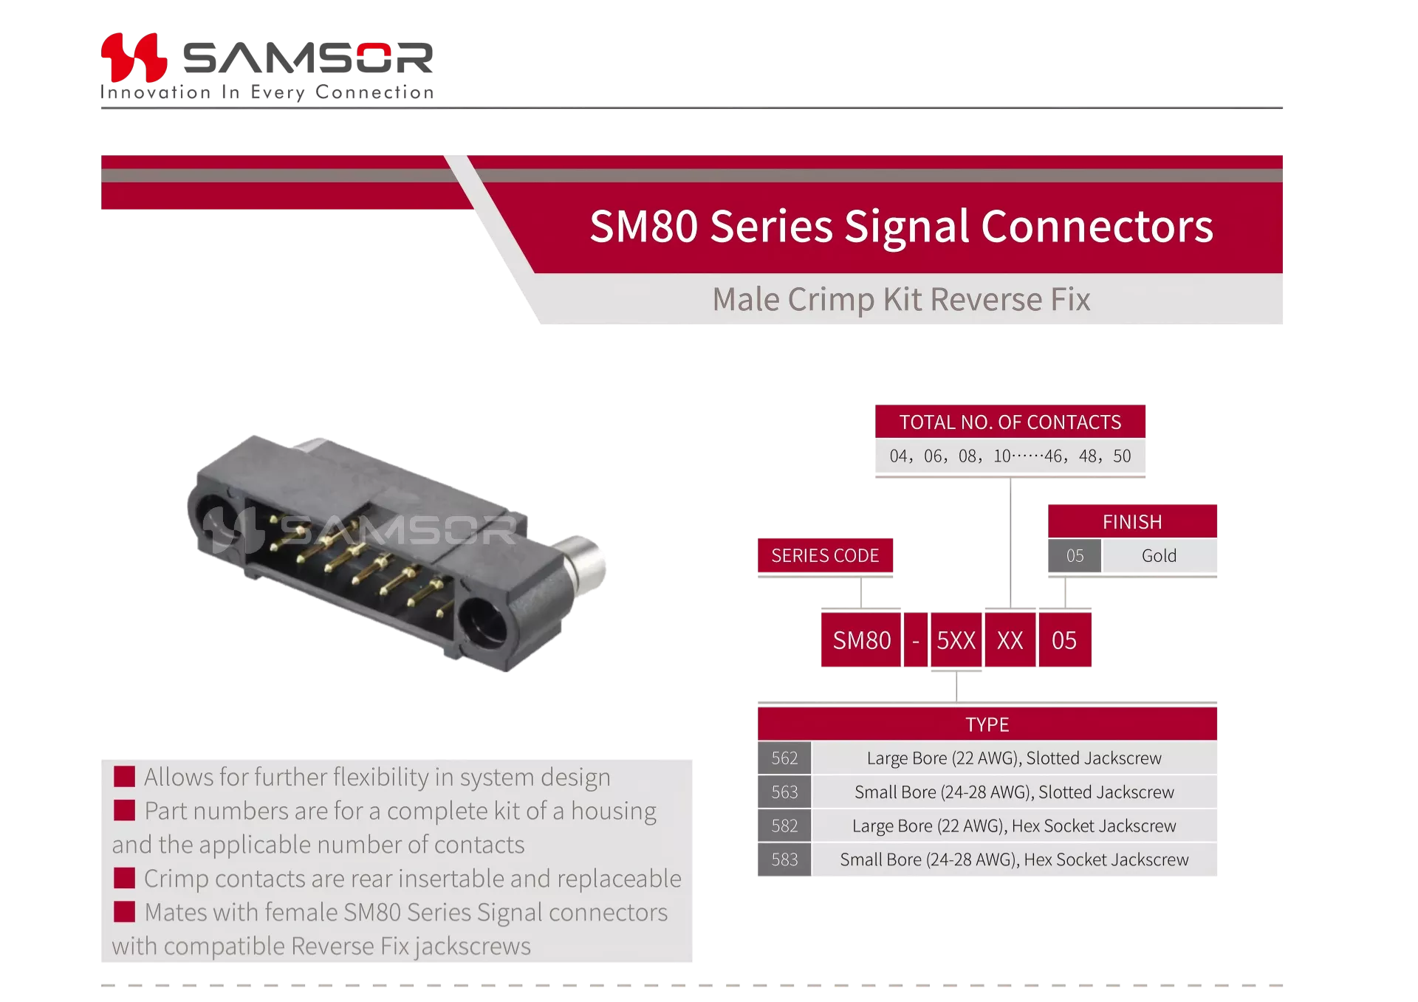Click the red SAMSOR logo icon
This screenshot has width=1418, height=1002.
134,57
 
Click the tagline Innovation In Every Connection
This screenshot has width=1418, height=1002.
267,92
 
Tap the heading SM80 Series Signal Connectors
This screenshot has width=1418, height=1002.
901,226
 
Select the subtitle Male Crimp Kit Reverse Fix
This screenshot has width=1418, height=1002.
901,299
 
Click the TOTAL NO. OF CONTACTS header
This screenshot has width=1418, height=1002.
1010,422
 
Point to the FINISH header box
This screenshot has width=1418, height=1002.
1132,521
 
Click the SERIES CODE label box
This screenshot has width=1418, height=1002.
825,555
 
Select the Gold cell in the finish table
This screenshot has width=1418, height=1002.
1160,555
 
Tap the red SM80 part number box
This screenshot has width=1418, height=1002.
861,640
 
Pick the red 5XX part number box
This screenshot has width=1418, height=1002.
956,640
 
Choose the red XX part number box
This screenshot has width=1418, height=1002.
1010,640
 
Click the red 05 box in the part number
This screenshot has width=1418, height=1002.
1065,640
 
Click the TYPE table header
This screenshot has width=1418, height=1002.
987,724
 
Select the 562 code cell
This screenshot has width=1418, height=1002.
784,758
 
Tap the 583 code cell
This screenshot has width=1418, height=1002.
784,859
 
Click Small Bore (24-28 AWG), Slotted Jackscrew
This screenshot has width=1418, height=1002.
1014,792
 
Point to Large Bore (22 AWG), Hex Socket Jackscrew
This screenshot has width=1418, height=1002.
1014,826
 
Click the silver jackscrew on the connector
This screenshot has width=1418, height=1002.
580,565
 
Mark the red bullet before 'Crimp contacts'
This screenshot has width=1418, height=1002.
124,878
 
